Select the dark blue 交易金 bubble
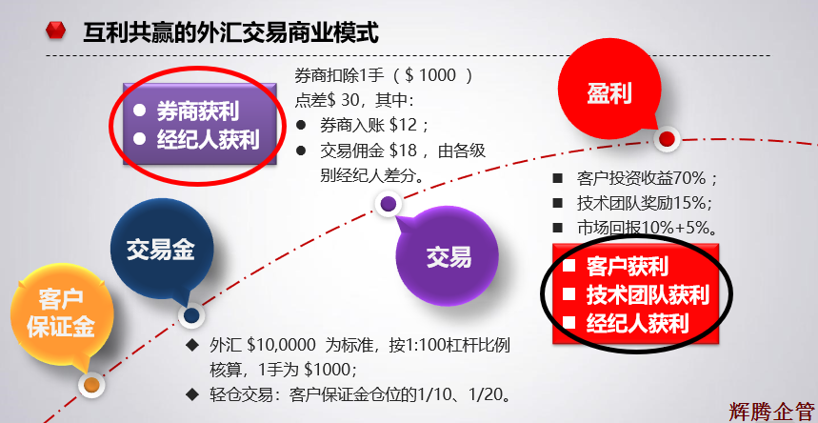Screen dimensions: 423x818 [160, 250]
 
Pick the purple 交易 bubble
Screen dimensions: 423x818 [448, 255]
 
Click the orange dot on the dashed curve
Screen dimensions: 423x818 [90, 385]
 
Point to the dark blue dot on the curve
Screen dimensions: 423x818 [191, 315]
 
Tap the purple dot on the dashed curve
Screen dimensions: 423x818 [389, 203]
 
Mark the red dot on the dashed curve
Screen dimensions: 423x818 [667, 139]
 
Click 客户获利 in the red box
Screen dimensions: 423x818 [627, 266]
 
